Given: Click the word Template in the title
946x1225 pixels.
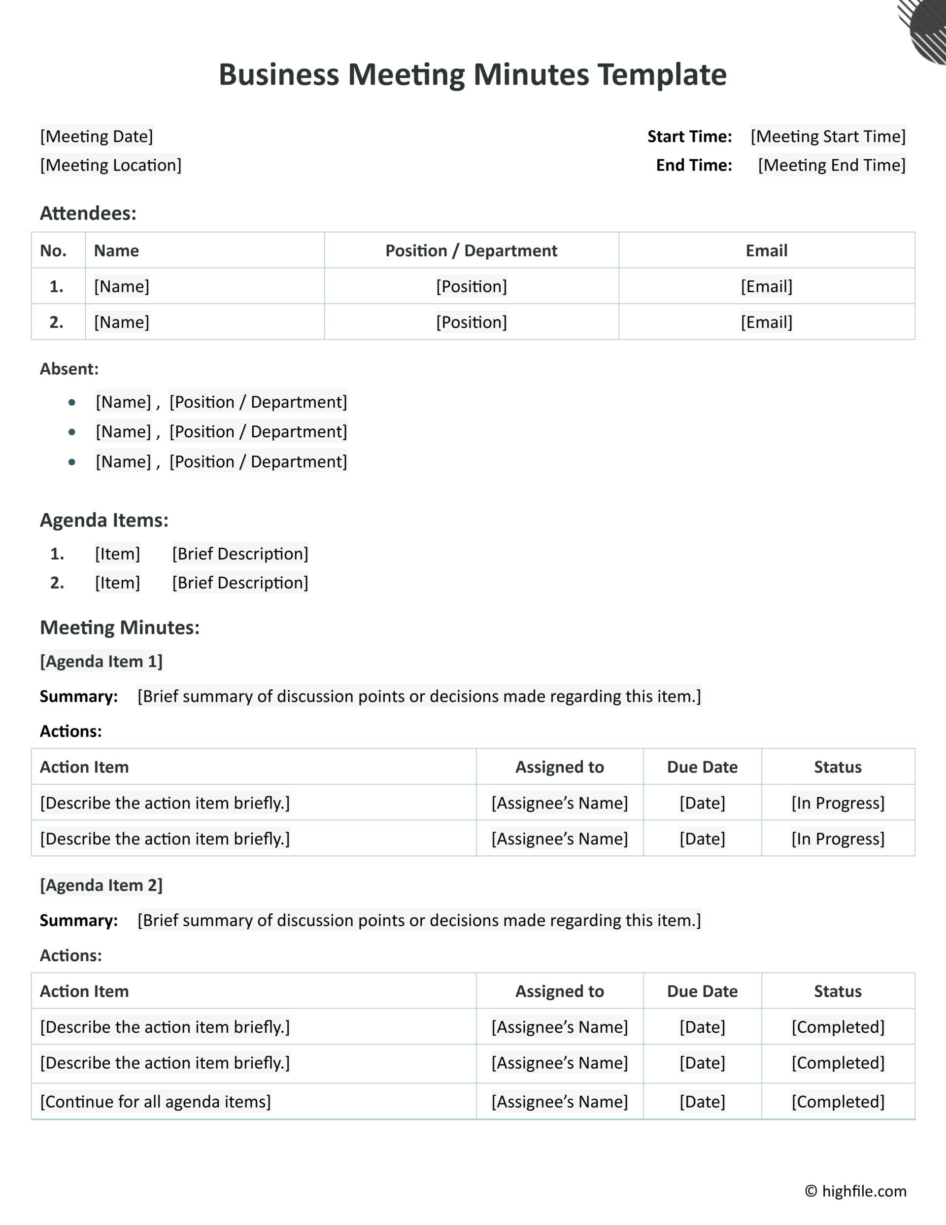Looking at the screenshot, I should pyautogui.click(x=662, y=74).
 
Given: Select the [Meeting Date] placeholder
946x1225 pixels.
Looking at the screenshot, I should pyautogui.click(x=97, y=136).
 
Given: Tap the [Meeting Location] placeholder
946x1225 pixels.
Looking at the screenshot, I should pyautogui.click(x=110, y=165).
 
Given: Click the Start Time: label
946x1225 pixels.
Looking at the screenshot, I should pyautogui.click(x=689, y=136).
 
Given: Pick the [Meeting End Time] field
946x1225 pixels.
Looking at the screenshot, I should pyautogui.click(x=831, y=165).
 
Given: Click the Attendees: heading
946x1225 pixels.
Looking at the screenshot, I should pyautogui.click(x=88, y=213).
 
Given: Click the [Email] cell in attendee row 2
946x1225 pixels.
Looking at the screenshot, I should pyautogui.click(x=766, y=322).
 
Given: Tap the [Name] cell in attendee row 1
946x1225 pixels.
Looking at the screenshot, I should pyautogui.click(x=122, y=286).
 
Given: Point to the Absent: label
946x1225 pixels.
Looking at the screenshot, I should pyautogui.click(x=69, y=369).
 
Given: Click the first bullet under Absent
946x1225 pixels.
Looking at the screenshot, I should pyautogui.click(x=72, y=402).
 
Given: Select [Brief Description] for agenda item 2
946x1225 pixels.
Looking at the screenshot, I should pyautogui.click(x=240, y=583).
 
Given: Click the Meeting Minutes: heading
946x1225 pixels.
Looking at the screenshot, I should pyautogui.click(x=119, y=627).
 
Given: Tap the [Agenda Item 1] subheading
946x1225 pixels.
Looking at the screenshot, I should pyautogui.click(x=101, y=661).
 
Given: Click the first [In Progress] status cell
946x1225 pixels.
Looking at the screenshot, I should pyautogui.click(x=838, y=803).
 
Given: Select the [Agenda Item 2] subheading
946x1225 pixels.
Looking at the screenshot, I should pyautogui.click(x=101, y=885).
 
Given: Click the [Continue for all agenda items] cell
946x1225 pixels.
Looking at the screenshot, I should pyautogui.click(x=155, y=1102).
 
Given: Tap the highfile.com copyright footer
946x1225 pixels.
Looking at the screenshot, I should pyautogui.click(x=856, y=1191).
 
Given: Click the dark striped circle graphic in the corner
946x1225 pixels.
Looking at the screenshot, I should pyautogui.click(x=928, y=31).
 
